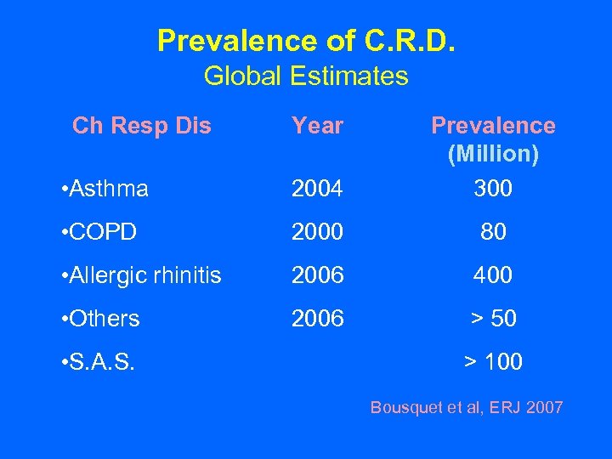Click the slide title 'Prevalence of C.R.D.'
click(306, 40)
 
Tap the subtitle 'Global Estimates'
click(306, 76)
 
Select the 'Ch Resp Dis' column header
click(142, 126)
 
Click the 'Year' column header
click(317, 126)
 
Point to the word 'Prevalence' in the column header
click(493, 126)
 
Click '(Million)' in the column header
click(493, 155)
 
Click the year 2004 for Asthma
click(317, 189)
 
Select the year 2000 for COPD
click(317, 231)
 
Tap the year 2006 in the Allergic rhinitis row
click(317, 275)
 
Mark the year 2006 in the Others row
click(317, 319)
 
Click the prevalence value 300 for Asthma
click(493, 189)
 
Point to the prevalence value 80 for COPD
click(493, 231)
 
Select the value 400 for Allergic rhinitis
click(493, 275)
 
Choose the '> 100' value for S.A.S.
click(493, 363)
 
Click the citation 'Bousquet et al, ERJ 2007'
click(466, 408)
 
